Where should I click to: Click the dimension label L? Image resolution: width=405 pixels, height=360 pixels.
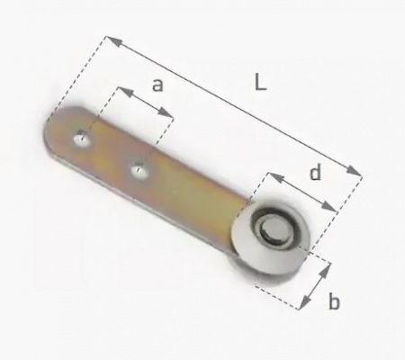tap(260, 83)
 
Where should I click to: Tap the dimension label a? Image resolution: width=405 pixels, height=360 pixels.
tap(157, 85)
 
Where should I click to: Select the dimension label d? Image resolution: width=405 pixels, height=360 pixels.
tap(315, 172)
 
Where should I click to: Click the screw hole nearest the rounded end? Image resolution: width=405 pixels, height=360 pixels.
tap(81, 139)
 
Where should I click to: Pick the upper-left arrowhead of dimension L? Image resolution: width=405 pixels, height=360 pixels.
tap(114, 41)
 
